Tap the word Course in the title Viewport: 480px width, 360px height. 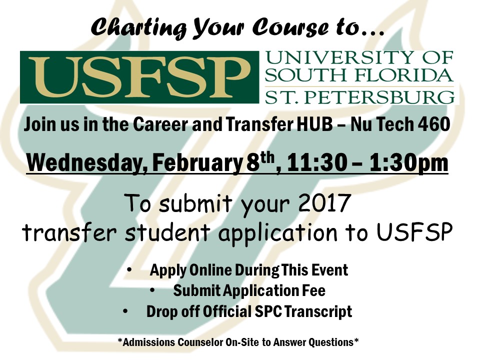point(290,27)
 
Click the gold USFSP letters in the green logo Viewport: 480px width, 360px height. point(139,77)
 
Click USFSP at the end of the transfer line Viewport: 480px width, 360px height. point(414,231)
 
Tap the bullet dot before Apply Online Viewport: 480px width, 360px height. point(129,269)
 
